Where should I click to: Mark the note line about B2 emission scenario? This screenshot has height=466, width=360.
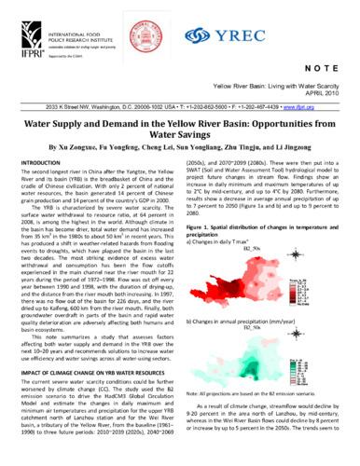point(263,404)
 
